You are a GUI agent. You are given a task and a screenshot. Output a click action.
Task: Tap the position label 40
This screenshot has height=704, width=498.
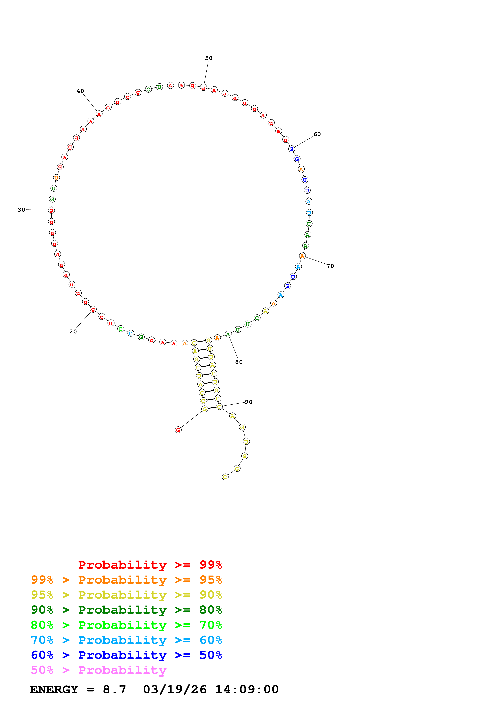coord(80,91)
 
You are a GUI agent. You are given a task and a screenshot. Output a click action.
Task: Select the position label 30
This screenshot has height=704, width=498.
coord(21,210)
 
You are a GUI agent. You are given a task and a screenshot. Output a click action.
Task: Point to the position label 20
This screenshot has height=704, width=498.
coord(73,332)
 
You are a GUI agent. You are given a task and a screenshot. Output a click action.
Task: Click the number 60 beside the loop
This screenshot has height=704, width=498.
coord(317,134)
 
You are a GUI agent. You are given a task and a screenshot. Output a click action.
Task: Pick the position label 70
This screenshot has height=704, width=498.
coord(330,266)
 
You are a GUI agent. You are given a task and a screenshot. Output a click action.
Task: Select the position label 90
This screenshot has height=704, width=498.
coord(248,402)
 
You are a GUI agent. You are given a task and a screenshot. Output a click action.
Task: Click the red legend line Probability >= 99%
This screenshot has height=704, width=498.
coord(150,565)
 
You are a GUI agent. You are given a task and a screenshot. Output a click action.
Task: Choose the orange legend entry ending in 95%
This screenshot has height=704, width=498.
coord(126,580)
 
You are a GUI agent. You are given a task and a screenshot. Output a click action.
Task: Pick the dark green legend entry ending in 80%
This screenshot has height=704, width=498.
coord(126,610)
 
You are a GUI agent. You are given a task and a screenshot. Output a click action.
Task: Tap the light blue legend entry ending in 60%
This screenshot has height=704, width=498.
coord(126,640)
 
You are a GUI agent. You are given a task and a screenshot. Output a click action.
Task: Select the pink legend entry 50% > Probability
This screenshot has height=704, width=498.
coord(98,670)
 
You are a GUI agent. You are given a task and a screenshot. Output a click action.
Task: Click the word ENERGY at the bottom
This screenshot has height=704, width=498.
coord(54,690)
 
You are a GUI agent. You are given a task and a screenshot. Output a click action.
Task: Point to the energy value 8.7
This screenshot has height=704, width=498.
coord(115,690)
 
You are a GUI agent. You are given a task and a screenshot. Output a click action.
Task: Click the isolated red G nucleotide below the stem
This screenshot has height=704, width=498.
coord(178,430)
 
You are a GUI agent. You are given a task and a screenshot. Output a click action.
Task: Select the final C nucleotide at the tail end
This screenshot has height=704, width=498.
coord(225,477)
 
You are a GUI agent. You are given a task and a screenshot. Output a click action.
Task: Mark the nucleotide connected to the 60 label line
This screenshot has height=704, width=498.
coord(291,149)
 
